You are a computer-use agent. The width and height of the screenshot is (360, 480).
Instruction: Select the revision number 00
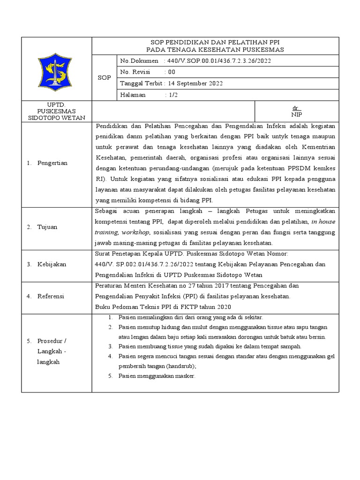pos(171,72)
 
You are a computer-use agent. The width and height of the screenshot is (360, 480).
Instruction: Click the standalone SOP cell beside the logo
pos(104,78)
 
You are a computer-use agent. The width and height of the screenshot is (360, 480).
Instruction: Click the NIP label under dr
pos(296,114)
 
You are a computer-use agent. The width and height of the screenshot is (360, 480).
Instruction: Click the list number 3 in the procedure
pos(110,346)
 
